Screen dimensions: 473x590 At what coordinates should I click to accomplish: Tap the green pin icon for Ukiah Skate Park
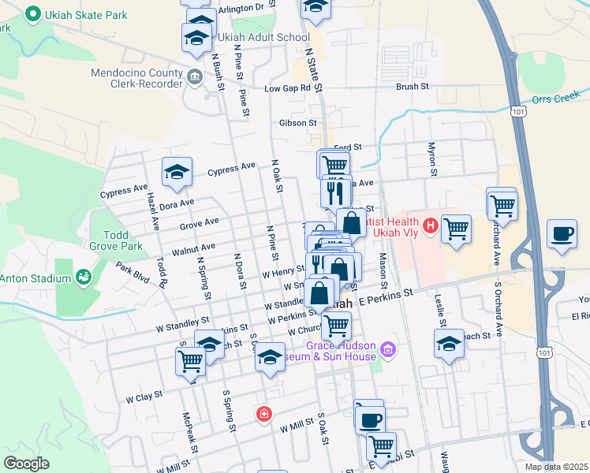point(32,13)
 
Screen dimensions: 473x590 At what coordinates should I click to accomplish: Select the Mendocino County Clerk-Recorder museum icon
point(195,76)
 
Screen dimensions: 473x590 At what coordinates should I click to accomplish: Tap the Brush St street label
point(412,87)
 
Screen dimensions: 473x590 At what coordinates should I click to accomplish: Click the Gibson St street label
point(297,123)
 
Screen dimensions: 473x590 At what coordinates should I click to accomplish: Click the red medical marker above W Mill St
point(264,413)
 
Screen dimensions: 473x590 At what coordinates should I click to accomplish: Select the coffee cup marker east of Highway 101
point(562,233)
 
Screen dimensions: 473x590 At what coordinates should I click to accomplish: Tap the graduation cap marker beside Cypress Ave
point(177,171)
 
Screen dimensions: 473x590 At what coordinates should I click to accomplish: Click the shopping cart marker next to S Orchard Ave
point(501,204)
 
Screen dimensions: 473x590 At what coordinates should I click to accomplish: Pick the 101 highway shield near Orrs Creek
point(518,112)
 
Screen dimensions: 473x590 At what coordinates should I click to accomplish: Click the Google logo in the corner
point(26,464)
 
